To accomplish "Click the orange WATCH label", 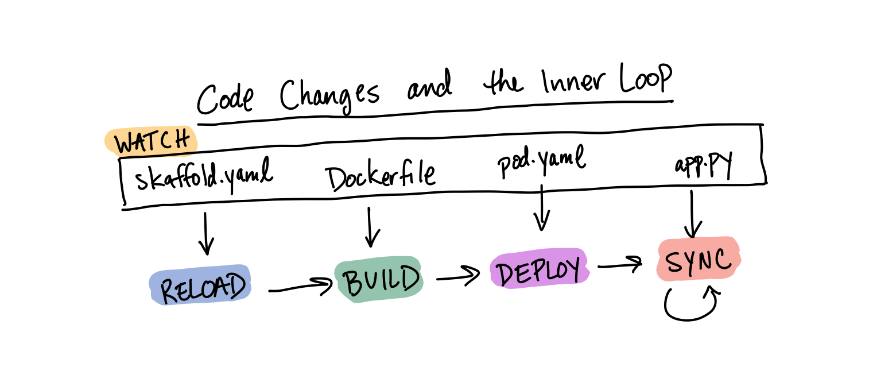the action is coord(152,141).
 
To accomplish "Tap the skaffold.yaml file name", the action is coord(204,175).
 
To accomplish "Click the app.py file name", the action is coord(703,165).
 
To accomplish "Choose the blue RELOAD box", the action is coord(200,285).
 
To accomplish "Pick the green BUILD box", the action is coord(379,279).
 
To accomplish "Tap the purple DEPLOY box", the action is coord(539,268).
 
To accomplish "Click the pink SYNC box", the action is coord(699,258).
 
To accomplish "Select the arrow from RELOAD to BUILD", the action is coord(301,287).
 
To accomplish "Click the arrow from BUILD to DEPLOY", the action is coord(458,276).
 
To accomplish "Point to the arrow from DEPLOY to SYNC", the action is coord(620,265).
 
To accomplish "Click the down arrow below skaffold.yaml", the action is coord(206,233).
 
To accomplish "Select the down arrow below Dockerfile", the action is coord(370,227).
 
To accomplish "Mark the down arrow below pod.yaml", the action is coord(542,208).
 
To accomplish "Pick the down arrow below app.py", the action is coord(692,214).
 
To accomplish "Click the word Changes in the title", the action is coord(330,95).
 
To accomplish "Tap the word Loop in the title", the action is coord(645,78).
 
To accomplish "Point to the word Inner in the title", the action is coord(573,82).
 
